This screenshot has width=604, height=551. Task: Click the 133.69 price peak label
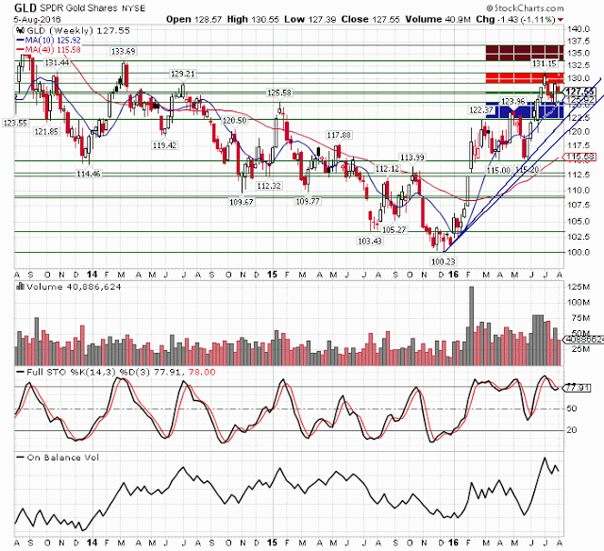(123, 51)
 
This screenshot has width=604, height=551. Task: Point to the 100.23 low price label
(443, 261)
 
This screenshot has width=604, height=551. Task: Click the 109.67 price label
(242, 201)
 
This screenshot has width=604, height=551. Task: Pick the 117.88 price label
(338, 135)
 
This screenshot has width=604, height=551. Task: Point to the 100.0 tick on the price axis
(578, 253)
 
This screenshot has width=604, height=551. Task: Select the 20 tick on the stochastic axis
(571, 429)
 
